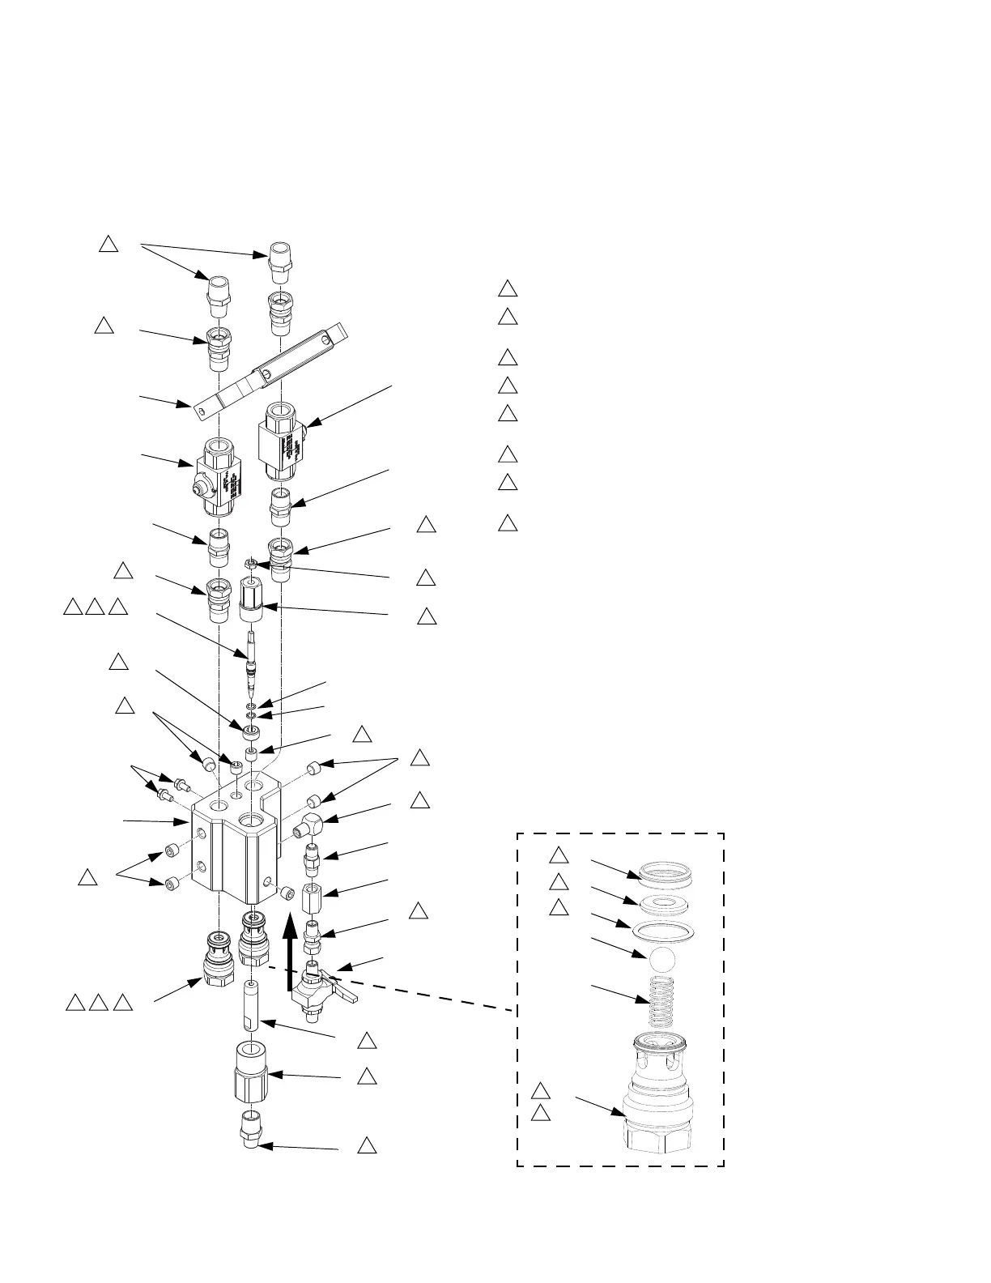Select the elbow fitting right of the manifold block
307,826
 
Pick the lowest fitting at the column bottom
251,1128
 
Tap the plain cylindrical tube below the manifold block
252,1004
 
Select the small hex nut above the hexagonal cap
252,563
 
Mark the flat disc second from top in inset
663,902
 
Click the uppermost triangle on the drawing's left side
109,243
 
